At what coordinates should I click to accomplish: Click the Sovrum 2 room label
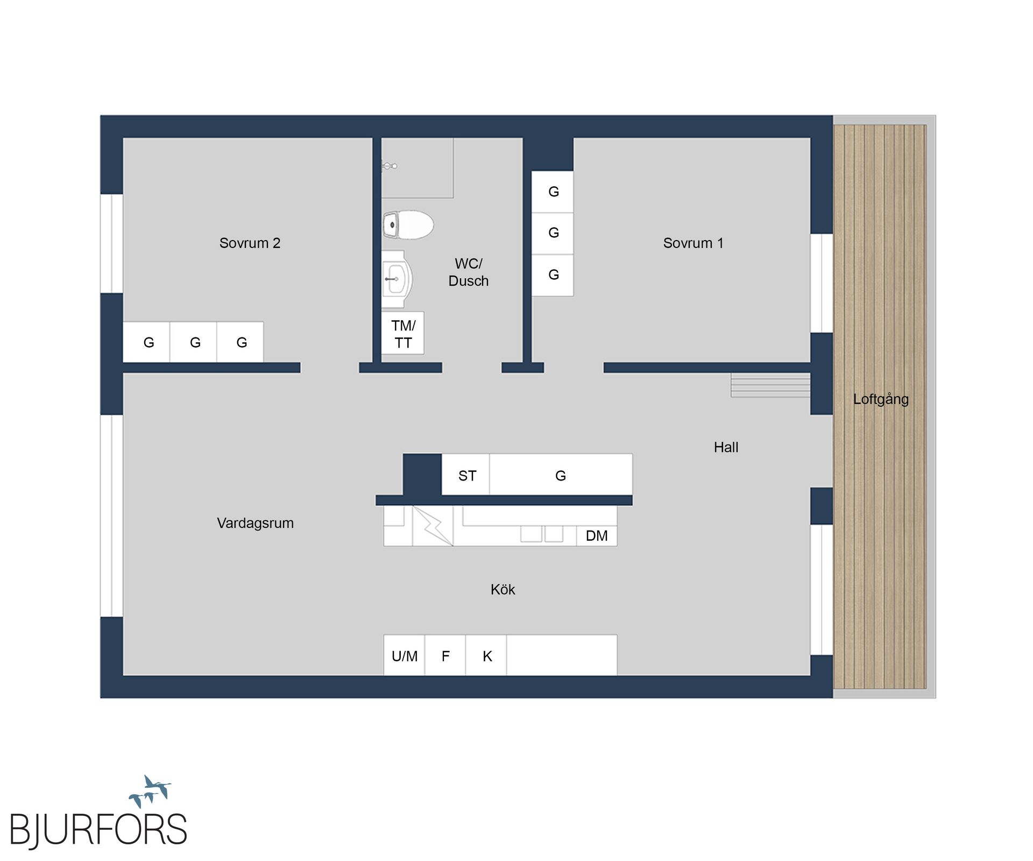pyautogui.click(x=250, y=243)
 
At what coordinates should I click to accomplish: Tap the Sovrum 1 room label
pyautogui.click(x=693, y=243)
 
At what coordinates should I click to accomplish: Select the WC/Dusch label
pyautogui.click(x=468, y=272)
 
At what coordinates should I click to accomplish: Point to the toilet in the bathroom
pyautogui.click(x=408, y=225)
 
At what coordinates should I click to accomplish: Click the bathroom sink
pyautogui.click(x=397, y=279)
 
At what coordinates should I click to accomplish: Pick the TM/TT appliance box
pyautogui.click(x=403, y=334)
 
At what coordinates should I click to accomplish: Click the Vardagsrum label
pyautogui.click(x=255, y=523)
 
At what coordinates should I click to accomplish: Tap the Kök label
pyautogui.click(x=503, y=590)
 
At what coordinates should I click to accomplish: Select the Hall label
pyautogui.click(x=726, y=447)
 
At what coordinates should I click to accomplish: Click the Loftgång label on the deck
pyautogui.click(x=881, y=399)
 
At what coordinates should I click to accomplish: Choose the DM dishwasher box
pyautogui.click(x=597, y=536)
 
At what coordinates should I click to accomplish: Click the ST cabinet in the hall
pyautogui.click(x=466, y=475)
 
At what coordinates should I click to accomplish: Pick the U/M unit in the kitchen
pyautogui.click(x=404, y=656)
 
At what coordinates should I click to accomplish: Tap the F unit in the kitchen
pyautogui.click(x=445, y=656)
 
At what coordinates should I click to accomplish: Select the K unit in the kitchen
pyautogui.click(x=487, y=656)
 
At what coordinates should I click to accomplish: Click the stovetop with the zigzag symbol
pyautogui.click(x=433, y=526)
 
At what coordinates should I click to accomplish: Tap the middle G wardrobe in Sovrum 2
pyautogui.click(x=195, y=342)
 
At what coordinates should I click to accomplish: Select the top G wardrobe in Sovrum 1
pyautogui.click(x=553, y=192)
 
